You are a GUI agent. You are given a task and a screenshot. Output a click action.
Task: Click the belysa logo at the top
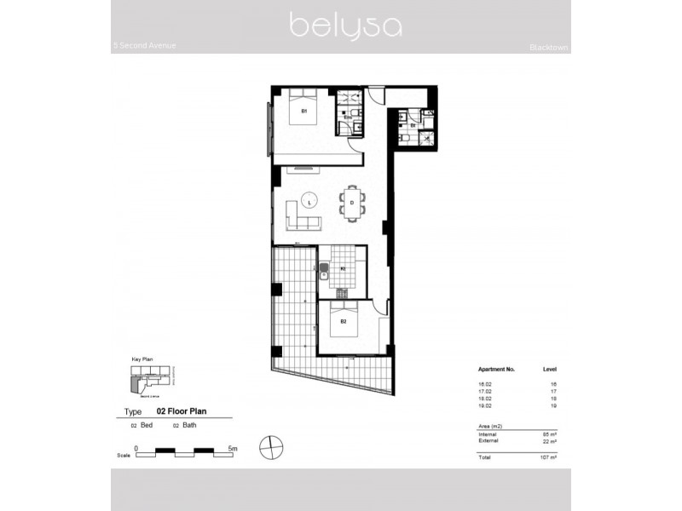click(345, 25)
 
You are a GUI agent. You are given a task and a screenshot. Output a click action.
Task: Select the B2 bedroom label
click(343, 322)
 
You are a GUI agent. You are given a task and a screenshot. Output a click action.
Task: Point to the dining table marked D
click(352, 203)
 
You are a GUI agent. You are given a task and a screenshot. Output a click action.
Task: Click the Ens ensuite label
click(348, 117)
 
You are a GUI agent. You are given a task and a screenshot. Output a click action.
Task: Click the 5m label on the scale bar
click(233, 447)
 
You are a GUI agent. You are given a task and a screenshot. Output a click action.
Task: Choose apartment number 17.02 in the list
click(485, 393)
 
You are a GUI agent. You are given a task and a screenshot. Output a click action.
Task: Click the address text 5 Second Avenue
click(145, 45)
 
